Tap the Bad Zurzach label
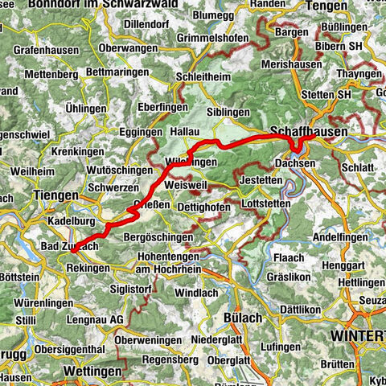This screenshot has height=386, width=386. pos(69,244)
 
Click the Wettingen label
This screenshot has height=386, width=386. pos(92,372)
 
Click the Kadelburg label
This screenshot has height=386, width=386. pos(72,219)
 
